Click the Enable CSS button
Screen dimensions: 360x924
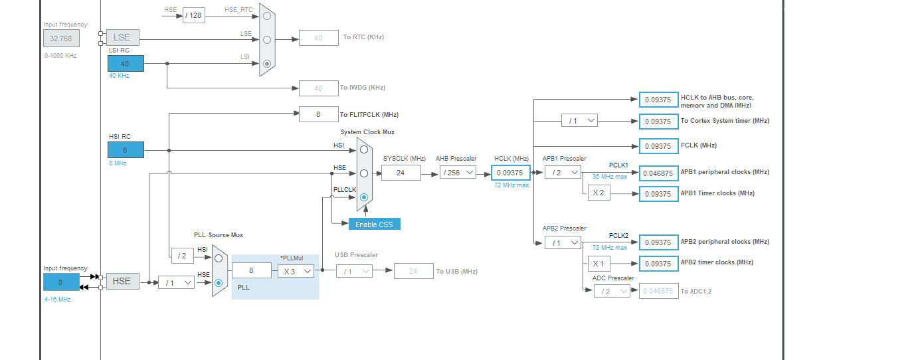(374, 224)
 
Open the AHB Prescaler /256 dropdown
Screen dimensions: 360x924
(458, 173)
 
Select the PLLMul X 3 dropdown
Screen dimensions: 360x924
(296, 271)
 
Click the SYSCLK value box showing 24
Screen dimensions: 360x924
(401, 173)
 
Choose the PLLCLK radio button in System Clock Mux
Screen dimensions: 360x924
(363, 197)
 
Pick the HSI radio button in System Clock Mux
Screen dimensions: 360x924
(363, 149)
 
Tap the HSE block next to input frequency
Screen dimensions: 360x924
(122, 281)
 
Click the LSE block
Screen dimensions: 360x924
(122, 37)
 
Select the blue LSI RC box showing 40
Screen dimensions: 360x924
(126, 63)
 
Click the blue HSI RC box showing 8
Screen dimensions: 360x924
(126, 150)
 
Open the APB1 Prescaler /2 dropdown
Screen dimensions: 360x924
(562, 173)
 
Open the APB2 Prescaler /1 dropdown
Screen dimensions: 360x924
(562, 243)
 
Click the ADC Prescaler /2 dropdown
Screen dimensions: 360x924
(612, 291)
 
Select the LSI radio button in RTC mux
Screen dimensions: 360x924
(267, 64)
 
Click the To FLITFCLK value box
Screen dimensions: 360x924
(318, 114)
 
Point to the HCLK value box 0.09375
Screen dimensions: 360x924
(510, 173)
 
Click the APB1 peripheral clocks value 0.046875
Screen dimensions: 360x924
(658, 173)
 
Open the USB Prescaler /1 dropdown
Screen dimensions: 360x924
(354, 271)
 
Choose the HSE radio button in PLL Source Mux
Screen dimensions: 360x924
(219, 282)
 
